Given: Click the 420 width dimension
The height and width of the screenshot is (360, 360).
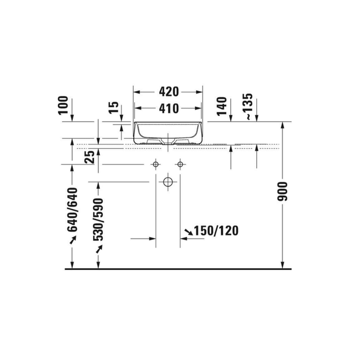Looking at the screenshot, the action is point(169,92).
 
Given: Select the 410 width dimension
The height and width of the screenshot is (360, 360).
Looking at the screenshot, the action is point(169,108).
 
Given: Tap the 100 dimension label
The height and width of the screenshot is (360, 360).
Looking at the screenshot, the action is point(63,105).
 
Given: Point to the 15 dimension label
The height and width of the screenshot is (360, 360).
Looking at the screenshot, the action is point(114,107).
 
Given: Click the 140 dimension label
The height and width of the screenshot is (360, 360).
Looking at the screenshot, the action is point(221,107).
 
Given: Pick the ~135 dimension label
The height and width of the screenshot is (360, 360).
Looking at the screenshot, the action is point(249,107).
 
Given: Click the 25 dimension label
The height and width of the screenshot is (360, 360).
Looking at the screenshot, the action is point(89,157).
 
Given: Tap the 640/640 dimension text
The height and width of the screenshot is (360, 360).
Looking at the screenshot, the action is point(73,210).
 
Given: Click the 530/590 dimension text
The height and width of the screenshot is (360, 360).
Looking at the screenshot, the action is point(98,220).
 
